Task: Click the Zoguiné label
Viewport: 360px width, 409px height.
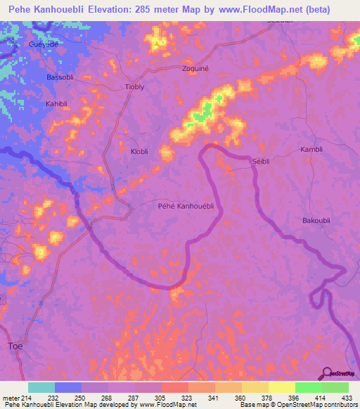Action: tap(215, 70)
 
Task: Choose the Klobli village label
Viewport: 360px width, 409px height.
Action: tap(141, 150)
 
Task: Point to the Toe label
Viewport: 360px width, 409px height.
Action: tap(15, 346)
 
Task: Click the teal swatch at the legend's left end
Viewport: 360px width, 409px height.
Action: tap(41, 387)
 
